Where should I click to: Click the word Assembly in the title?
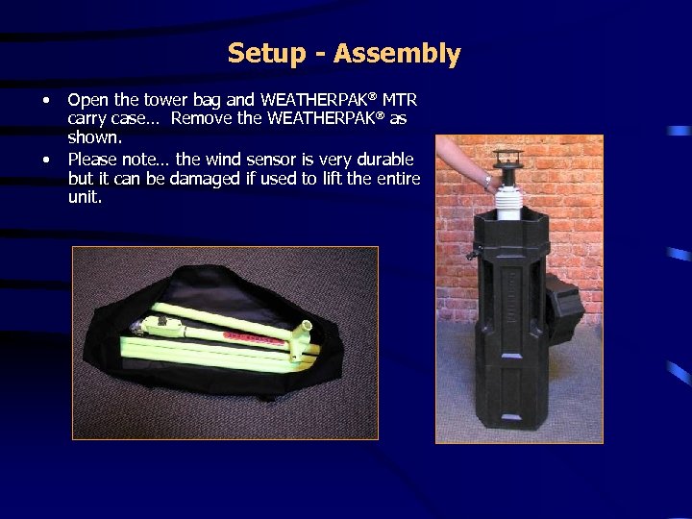coord(397,55)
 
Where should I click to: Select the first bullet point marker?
coord(45,100)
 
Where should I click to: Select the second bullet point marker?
coord(45,160)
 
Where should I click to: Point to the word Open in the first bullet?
coord(87,100)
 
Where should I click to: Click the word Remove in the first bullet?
coord(200,118)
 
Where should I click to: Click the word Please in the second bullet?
coord(94,160)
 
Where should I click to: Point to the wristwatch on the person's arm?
coord(488,180)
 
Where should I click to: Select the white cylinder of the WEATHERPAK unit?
coord(508,198)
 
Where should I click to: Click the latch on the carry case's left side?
coord(472,254)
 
